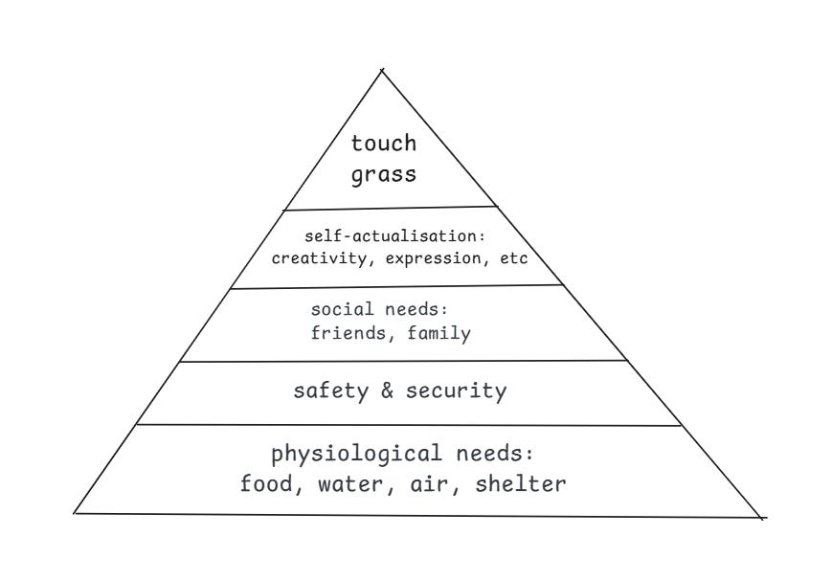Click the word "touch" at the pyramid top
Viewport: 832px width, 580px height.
tap(383, 144)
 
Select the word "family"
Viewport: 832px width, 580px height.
tap(438, 334)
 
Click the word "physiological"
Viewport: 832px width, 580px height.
tap(356, 453)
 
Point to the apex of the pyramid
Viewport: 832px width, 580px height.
tap(382, 70)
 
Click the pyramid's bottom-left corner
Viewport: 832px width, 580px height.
tap(76, 513)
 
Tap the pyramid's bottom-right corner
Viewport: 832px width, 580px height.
tap(763, 518)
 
